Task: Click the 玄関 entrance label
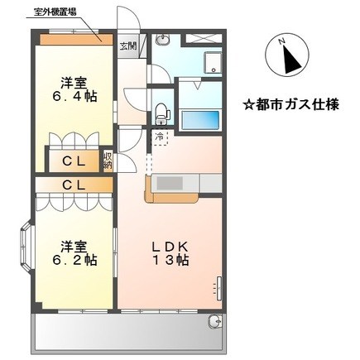[128, 46]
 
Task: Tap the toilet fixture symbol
[163, 114]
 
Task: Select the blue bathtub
[200, 120]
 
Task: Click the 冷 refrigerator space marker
[159, 137]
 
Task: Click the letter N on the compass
[281, 41]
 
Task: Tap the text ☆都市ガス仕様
[291, 105]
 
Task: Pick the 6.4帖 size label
[74, 97]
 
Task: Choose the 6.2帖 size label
[74, 260]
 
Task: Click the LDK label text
[170, 247]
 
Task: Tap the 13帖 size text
[170, 260]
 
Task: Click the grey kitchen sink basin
[170, 183]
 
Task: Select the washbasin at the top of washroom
[162, 40]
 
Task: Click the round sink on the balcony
[215, 321]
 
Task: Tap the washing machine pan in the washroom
[213, 63]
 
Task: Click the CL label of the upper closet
[74, 161]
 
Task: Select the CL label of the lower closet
[74, 185]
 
